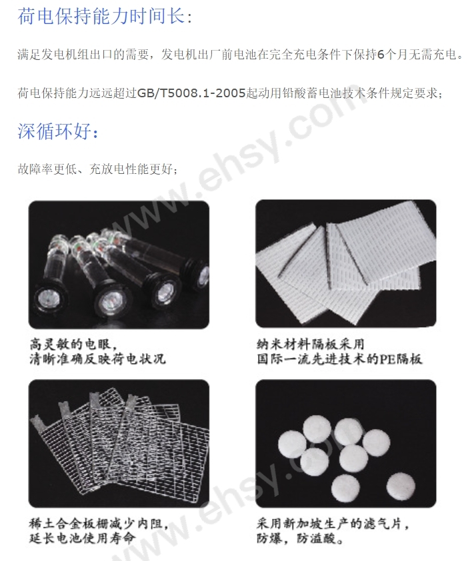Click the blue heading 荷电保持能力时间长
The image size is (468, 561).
point(101,16)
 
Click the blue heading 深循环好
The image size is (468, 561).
point(54,131)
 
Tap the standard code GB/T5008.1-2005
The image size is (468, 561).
point(191,93)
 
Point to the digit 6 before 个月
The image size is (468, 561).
point(381,55)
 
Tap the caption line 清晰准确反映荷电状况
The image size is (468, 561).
point(97,359)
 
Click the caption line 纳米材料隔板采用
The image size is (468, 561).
point(311,344)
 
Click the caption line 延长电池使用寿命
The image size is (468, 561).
point(83,538)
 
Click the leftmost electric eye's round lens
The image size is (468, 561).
point(49,297)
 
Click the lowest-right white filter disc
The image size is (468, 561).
point(401,486)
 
